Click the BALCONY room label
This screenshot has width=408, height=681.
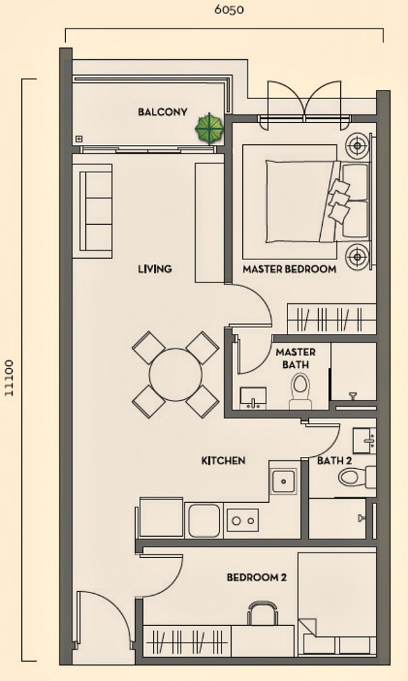point(162,112)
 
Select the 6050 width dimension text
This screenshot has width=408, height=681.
point(228,10)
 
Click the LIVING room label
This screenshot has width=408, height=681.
point(154,269)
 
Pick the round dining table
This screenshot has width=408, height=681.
point(175,374)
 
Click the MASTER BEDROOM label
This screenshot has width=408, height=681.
point(289,269)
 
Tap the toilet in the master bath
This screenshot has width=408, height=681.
point(300,390)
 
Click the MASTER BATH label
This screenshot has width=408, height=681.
point(295,358)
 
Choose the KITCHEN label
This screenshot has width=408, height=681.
point(224,460)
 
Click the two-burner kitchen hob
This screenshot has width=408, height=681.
point(242,519)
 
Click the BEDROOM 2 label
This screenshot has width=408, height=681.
point(256,578)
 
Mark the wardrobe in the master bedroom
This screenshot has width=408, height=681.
point(331,319)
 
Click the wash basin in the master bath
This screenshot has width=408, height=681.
point(253,398)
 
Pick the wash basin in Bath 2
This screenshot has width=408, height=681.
point(363,440)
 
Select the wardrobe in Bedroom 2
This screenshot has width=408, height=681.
point(187,641)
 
